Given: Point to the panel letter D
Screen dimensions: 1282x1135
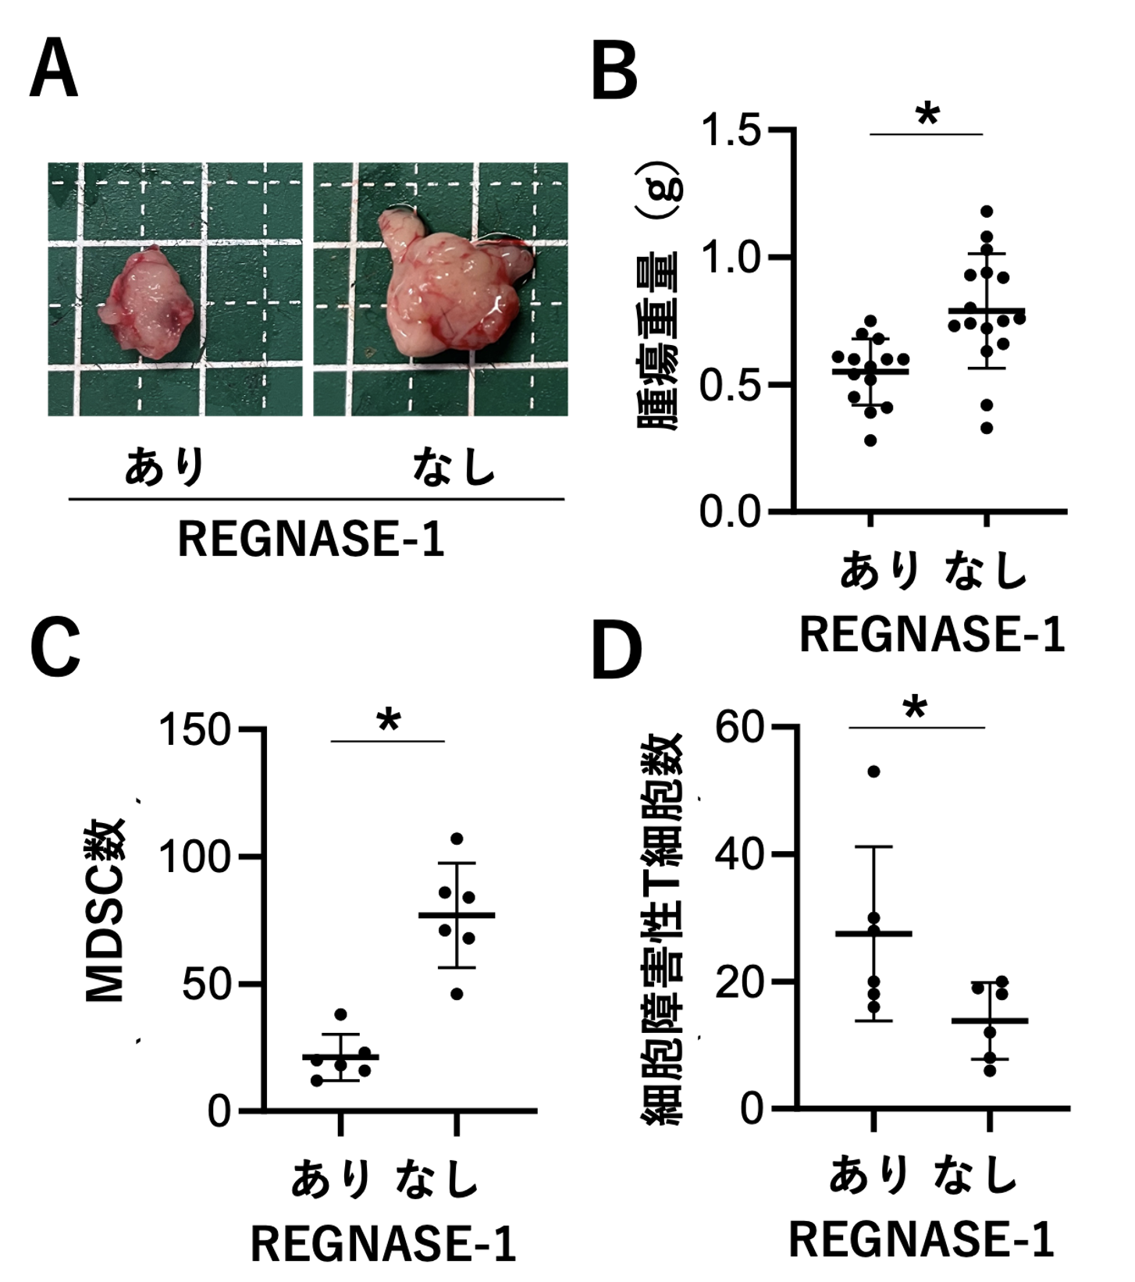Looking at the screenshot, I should pyautogui.click(x=617, y=650).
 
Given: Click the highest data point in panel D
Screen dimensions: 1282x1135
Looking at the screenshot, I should pyautogui.click(x=873, y=772).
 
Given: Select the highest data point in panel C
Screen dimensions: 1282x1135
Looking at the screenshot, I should pyautogui.click(x=457, y=839).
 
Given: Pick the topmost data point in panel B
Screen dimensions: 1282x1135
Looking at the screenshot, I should pyautogui.click(x=987, y=212).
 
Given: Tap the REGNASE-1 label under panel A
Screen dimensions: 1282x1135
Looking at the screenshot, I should pyautogui.click(x=311, y=540).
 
